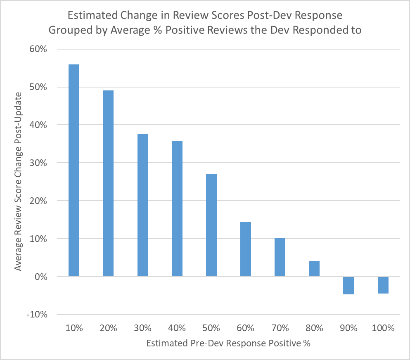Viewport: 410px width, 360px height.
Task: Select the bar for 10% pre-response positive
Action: coord(74,170)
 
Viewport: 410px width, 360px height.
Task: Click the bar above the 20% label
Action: coord(108,183)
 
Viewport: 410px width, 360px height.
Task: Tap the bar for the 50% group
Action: coord(211,225)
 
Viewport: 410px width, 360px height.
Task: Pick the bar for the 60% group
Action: coord(246,249)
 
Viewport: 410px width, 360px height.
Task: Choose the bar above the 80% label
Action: coord(314,269)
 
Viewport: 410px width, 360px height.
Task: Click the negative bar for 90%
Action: coord(349,285)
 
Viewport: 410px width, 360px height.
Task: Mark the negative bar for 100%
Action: coord(383,285)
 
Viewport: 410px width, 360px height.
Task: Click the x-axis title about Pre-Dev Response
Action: coord(228,343)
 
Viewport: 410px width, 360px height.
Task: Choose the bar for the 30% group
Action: coord(143,205)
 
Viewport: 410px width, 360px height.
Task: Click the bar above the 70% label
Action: coord(280,257)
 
